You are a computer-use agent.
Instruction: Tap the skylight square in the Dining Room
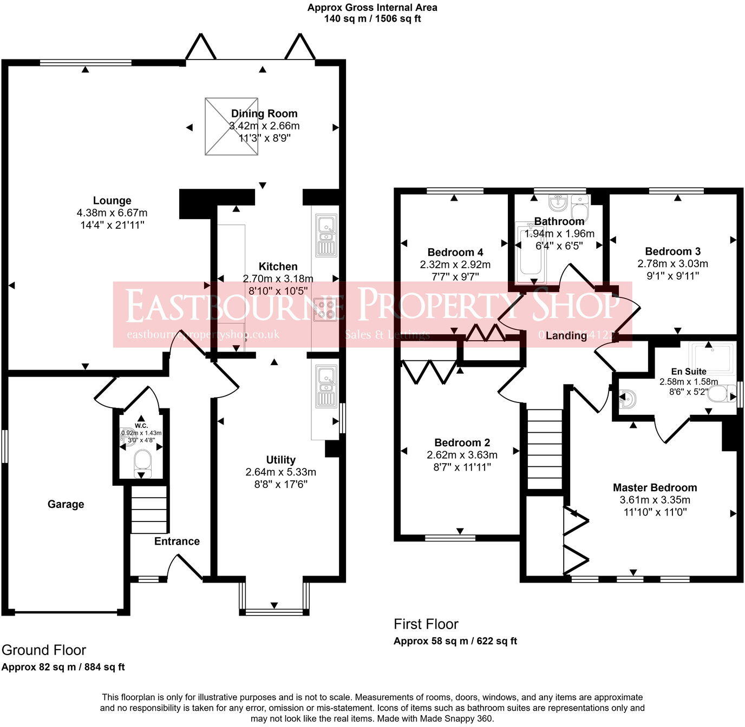(231, 127)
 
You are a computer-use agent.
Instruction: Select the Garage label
(66, 504)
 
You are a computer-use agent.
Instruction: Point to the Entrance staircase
(149, 510)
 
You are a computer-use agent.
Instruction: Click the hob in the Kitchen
(325, 309)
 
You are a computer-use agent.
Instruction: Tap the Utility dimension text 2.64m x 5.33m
(280, 472)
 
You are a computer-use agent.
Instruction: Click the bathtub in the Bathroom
(531, 254)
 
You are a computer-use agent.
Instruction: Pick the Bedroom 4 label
(455, 252)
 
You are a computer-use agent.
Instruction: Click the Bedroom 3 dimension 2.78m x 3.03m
(672, 263)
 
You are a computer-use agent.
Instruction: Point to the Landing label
(566, 335)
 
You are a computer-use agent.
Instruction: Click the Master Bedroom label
(655, 487)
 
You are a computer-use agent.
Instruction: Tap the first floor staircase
(545, 449)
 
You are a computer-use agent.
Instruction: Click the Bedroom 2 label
(462, 442)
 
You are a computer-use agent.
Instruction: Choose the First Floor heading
(426, 624)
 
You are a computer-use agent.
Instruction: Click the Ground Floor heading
(44, 650)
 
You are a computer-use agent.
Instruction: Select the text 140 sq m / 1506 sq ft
(372, 18)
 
